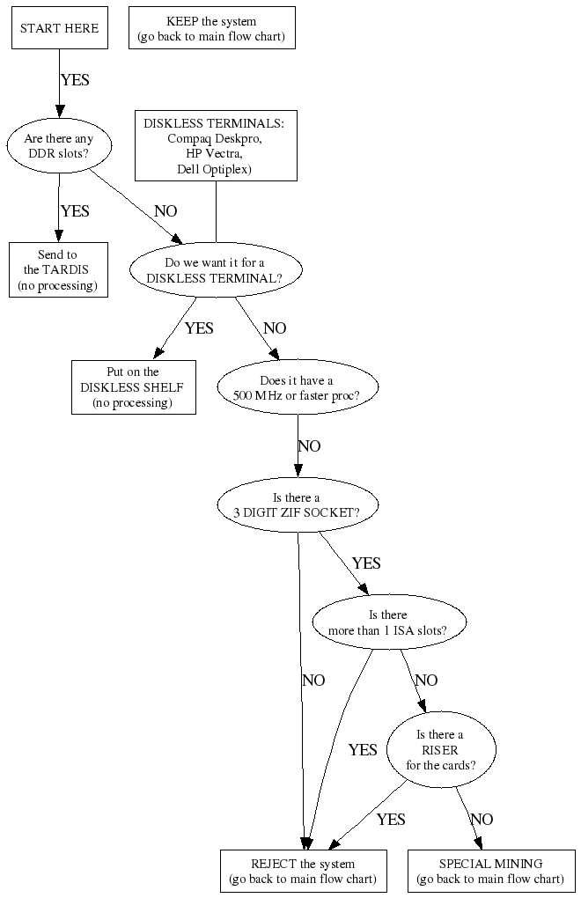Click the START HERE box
pos(59,28)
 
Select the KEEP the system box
pos(211,28)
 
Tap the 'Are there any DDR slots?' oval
pos(59,146)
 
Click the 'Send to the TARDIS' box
pos(58,270)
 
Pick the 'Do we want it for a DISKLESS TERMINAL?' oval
pos(215,270)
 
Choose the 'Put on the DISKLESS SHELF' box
pos(133,387)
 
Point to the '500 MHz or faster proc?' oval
pos(298,387)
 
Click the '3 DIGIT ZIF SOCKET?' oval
pos(298,504)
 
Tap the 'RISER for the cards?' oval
pos(440,749)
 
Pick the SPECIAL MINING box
pos(490,871)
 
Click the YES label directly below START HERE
pos(75,80)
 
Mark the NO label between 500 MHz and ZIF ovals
pos(309,446)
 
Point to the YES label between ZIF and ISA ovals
pos(366,563)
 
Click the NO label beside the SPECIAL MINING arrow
pos(482,820)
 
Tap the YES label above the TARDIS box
pos(75,211)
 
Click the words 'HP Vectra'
pos(215,153)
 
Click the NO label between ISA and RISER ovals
pos(426,681)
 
